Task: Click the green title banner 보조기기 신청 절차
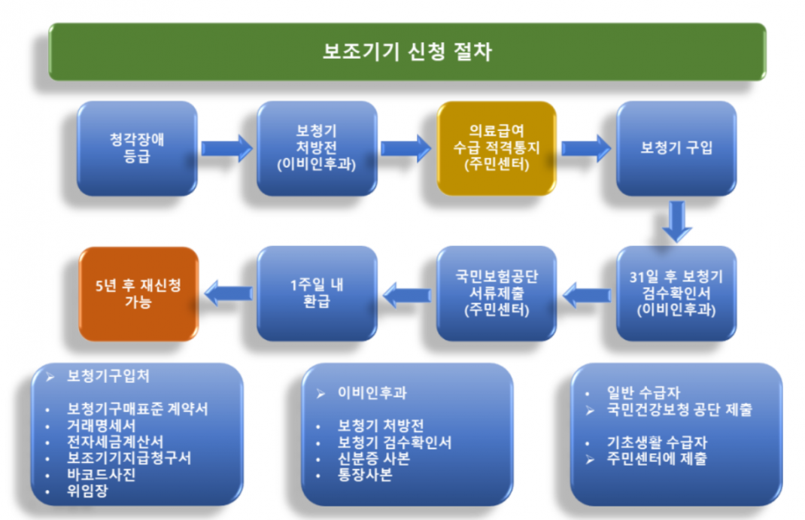[x=407, y=51]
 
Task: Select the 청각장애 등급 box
[x=137, y=147]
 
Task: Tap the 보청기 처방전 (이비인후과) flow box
[x=317, y=147]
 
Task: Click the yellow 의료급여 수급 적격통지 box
[x=497, y=147]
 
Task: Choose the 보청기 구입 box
[x=676, y=147]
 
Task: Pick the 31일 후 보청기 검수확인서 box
[x=676, y=293]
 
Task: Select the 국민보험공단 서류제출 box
[x=497, y=293]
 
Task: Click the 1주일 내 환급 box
[x=317, y=293]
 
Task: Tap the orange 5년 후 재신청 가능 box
[x=138, y=293]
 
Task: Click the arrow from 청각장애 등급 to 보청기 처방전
[x=227, y=148]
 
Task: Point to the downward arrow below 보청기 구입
[x=677, y=221]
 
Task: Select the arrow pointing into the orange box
[x=229, y=293]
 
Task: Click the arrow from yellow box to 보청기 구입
[x=586, y=148]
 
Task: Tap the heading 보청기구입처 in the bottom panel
[x=108, y=376]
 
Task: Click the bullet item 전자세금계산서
[x=115, y=442]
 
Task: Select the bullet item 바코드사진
[x=101, y=474]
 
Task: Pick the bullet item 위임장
[x=87, y=491]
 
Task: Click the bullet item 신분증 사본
[x=373, y=458]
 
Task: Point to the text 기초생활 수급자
[x=657, y=442]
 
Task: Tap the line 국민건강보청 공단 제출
[x=679, y=409]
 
